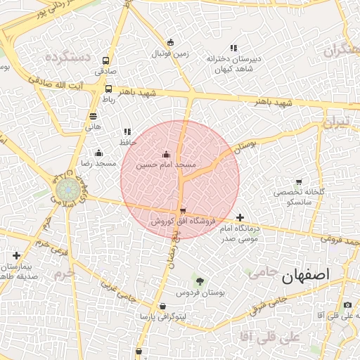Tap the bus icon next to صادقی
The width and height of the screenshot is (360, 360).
(x=106, y=60)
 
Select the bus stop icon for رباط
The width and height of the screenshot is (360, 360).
(x=108, y=89)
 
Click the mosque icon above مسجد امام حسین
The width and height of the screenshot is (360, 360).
(x=166, y=155)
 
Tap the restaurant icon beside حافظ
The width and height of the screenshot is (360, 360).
(x=127, y=131)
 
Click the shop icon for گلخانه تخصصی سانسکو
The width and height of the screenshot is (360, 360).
(x=299, y=182)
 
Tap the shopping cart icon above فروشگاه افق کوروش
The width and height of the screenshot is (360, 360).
(x=183, y=211)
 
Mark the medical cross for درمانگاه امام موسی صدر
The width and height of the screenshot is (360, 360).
(x=240, y=218)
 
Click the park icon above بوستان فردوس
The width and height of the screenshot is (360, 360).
(x=200, y=282)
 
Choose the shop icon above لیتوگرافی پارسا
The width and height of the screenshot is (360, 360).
(x=163, y=307)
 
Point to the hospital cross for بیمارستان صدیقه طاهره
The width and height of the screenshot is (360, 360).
(x=16, y=256)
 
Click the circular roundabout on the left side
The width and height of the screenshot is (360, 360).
(x=68, y=190)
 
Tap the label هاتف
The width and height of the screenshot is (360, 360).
(x=94, y=127)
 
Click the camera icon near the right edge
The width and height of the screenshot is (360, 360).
(x=347, y=304)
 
